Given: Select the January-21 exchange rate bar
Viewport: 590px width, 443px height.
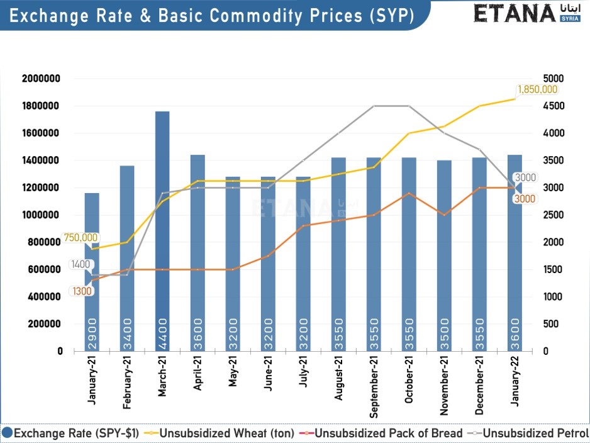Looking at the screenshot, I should tap(92, 271).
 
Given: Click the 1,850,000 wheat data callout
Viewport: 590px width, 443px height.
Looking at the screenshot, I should tap(537, 89).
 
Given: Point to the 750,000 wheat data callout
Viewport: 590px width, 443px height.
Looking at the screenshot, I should tap(81, 237).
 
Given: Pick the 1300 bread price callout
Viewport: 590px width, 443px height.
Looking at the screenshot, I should tap(82, 291).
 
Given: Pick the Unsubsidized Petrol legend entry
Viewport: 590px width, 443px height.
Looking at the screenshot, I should tap(535, 433).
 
